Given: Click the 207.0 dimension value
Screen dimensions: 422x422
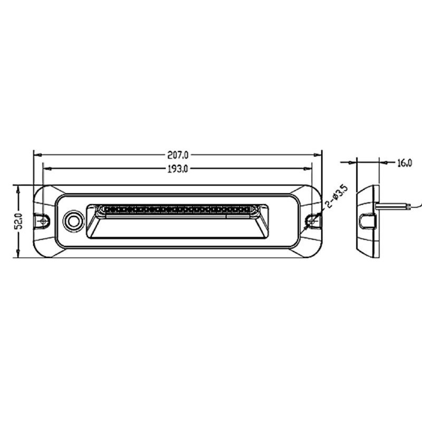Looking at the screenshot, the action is click(178, 155).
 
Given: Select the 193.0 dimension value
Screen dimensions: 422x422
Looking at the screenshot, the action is click(178, 169).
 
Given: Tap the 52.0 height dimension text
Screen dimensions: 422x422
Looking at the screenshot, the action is click(19, 221).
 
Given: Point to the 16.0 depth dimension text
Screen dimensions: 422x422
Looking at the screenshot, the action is click(404, 163).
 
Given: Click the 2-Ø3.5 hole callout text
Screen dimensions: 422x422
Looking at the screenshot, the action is click(337, 196).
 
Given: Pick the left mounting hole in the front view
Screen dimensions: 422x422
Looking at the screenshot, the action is click(43, 221).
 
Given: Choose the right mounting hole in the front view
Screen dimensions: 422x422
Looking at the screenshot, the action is click(312, 221).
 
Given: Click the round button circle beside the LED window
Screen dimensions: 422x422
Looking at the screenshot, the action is click(73, 221).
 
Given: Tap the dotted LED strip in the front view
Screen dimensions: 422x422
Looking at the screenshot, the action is click(177, 209).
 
